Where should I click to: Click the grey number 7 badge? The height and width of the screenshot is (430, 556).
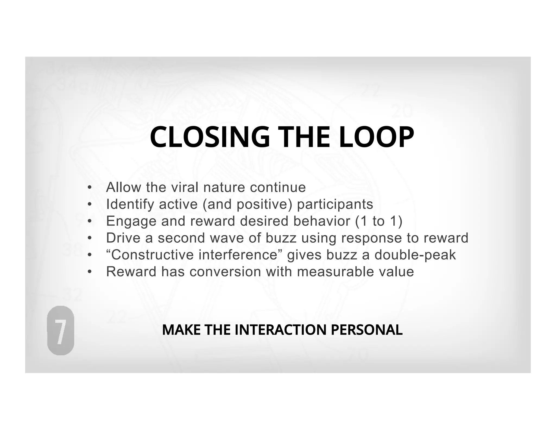(61, 330)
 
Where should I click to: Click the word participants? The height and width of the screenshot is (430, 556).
(335, 204)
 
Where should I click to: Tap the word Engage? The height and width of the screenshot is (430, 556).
(131, 221)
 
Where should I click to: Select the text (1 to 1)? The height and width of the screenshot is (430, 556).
(379, 221)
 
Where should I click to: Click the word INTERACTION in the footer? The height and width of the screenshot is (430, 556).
(281, 330)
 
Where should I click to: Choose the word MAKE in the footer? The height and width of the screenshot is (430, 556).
(181, 330)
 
